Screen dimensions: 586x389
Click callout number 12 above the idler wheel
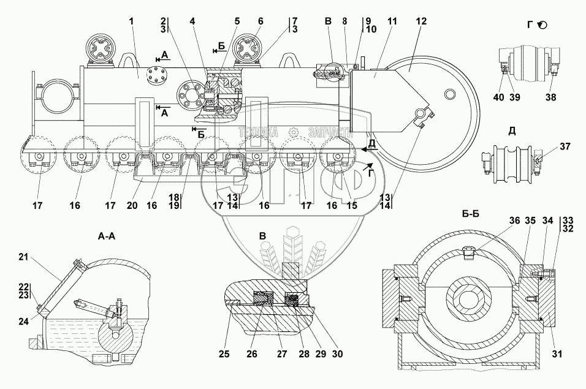pos(421,21)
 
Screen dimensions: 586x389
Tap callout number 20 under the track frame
pos(132,205)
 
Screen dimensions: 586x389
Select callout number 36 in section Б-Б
pos(515,221)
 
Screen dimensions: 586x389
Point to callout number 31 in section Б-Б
pos(557,354)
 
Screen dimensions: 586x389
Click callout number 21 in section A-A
pos(23,257)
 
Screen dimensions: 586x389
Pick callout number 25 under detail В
pos(224,354)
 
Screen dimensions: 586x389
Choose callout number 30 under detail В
pos(337,354)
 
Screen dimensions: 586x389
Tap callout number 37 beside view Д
pos(565,146)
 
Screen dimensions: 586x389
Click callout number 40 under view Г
pos(498,97)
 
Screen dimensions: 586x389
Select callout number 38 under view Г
pos(551,97)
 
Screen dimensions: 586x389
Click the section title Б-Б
pos(471,214)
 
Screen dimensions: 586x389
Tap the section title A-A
pos(106,236)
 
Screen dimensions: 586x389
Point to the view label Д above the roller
pos(512,131)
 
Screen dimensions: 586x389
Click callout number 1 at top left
pos(131,21)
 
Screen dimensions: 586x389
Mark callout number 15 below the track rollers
pos(352,205)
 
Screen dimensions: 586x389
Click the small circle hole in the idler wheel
pos(450,93)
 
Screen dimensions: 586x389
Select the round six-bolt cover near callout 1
pos(156,76)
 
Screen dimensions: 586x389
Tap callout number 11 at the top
pos(392,21)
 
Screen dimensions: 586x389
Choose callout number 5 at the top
pos(237,21)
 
